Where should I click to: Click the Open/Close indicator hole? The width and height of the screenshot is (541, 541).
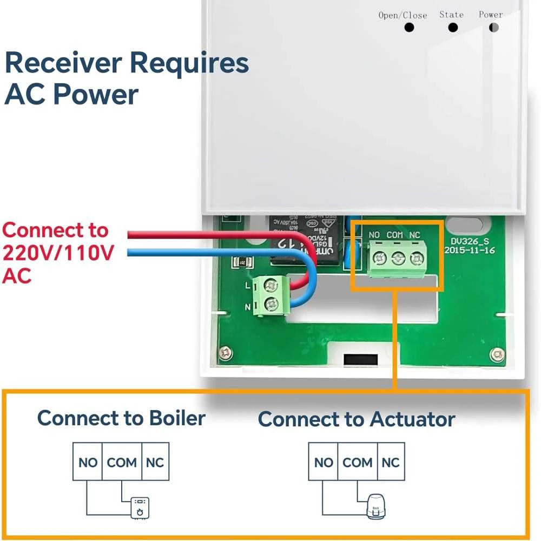(x=409, y=27)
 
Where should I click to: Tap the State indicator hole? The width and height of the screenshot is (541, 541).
(x=452, y=27)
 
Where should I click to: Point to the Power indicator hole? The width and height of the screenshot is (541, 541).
(x=493, y=27)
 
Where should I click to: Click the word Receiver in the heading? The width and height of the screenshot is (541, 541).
(x=62, y=63)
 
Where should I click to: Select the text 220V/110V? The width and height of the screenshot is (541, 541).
(x=58, y=253)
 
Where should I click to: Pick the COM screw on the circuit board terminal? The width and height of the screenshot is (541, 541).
(x=398, y=258)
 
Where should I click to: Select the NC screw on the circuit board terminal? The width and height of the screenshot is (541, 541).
(x=415, y=258)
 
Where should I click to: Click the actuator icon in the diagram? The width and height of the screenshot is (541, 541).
(x=375, y=507)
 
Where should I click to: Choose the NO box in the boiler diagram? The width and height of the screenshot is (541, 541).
(x=88, y=462)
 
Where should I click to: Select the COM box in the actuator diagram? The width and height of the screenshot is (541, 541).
(x=357, y=462)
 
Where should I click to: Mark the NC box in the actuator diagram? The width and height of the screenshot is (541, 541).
(x=391, y=462)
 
